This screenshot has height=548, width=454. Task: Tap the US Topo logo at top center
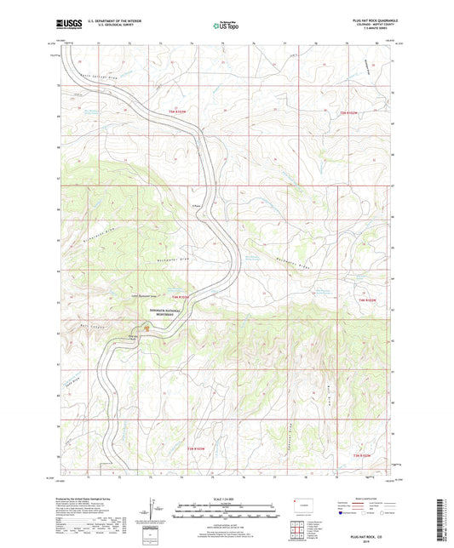[x=227, y=26]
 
